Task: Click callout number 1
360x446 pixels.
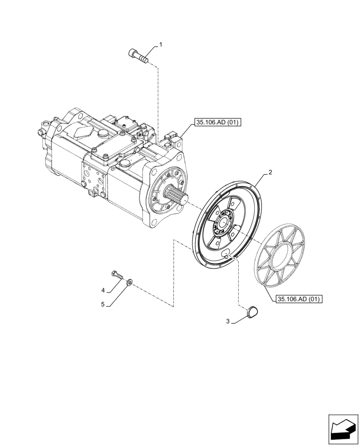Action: (x=161, y=45)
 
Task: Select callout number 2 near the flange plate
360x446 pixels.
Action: (x=270, y=172)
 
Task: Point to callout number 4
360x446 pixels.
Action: (x=103, y=290)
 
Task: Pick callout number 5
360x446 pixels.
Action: (x=102, y=305)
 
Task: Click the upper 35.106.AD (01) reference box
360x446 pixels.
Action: (x=217, y=123)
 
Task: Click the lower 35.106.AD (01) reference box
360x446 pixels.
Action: (x=299, y=299)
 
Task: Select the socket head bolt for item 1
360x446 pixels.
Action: (x=139, y=56)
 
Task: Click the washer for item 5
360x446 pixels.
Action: (x=129, y=282)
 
